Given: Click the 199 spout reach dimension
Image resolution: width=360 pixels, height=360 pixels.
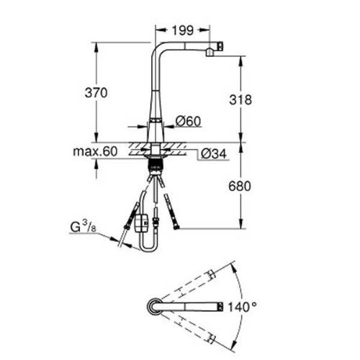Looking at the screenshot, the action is pos(183,30).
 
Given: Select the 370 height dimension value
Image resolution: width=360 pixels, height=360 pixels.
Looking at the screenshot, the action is pos(96,93).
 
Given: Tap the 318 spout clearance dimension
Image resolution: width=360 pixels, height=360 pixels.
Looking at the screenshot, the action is pos(240,99).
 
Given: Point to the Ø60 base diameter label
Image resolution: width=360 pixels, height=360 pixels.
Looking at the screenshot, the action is pos(188,121).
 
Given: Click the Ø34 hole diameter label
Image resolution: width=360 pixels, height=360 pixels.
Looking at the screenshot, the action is pos(214,153).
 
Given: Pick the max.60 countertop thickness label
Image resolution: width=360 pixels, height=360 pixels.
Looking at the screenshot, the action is pos(95,151).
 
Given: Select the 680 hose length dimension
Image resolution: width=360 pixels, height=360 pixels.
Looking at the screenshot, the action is pos(240,186).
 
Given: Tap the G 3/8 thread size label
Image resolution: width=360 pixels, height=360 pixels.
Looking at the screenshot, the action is pos(83,227).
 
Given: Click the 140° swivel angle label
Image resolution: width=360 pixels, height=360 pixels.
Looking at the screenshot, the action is pos(242,307).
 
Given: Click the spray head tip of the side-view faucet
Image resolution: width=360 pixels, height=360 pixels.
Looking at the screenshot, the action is pos(220,46).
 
